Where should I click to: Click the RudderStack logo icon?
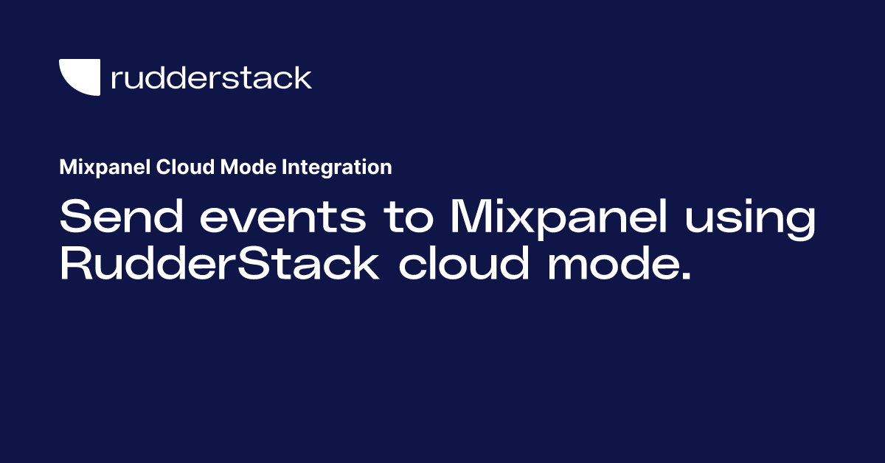[79, 77]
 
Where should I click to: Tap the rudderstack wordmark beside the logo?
[211, 77]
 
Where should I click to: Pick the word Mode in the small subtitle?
[249, 167]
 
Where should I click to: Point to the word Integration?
[336, 168]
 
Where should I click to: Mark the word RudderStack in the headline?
[219, 264]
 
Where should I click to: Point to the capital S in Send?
[75, 219]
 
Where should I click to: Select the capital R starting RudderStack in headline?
[76, 264]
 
